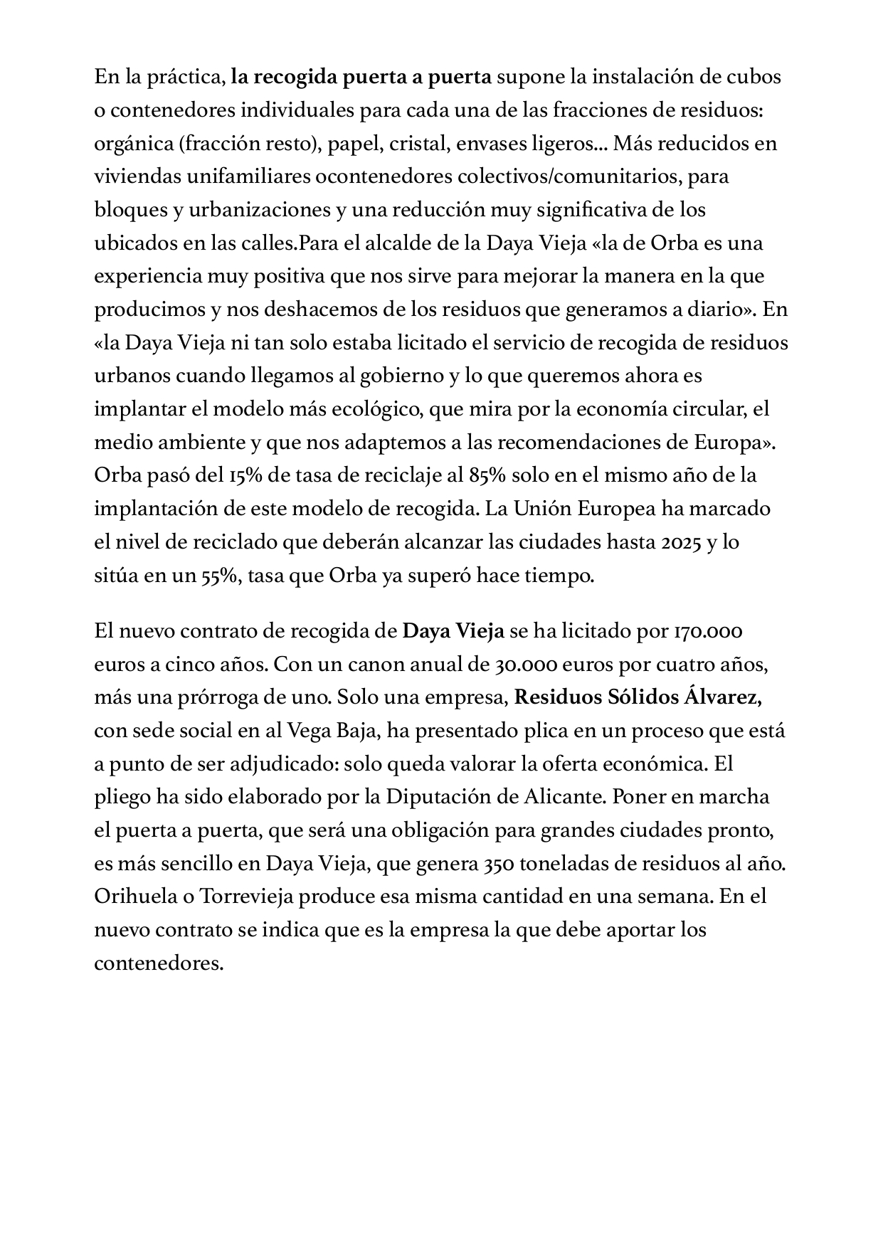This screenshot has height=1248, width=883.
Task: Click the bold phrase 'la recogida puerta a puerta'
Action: point(361,77)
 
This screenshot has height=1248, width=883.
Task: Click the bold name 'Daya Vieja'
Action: point(453,631)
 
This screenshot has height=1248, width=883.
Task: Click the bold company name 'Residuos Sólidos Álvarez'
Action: point(638,697)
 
